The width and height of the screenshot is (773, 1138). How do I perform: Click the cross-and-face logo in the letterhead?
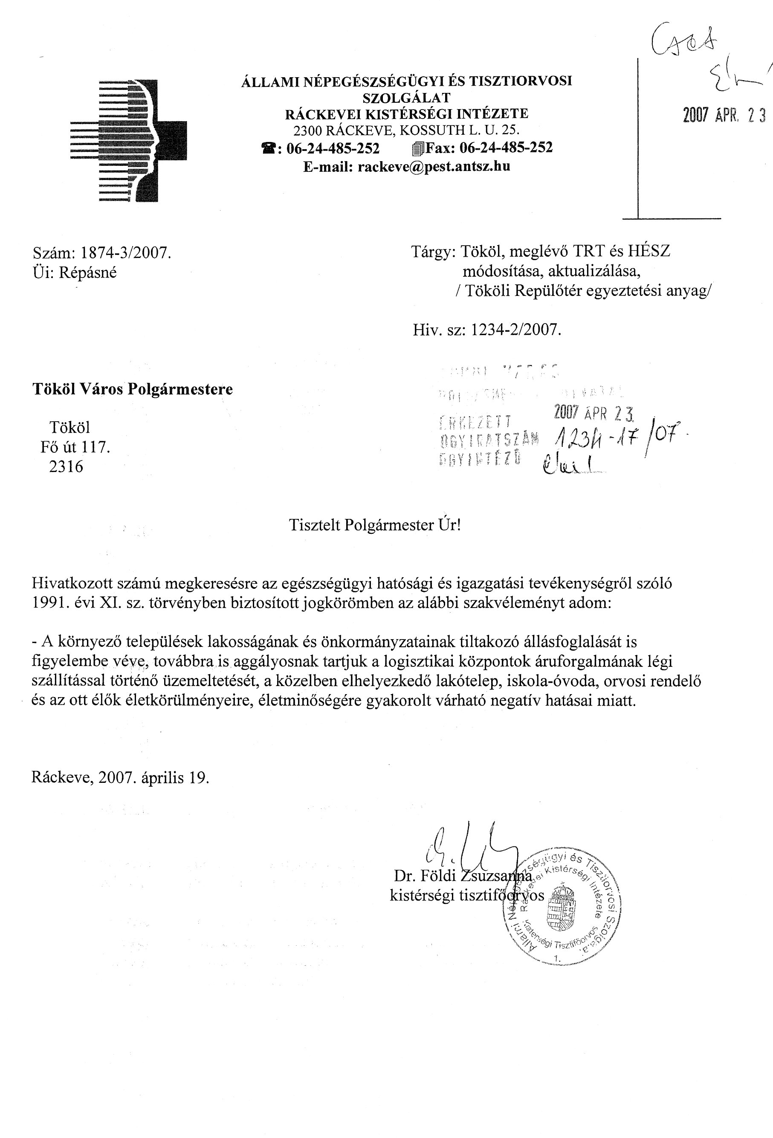click(128, 141)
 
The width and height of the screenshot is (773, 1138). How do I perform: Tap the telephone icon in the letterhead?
click(269, 148)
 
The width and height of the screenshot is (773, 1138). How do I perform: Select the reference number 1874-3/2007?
click(125, 253)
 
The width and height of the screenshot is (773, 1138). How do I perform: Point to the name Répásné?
click(88, 273)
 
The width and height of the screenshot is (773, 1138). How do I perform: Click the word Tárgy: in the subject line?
click(433, 251)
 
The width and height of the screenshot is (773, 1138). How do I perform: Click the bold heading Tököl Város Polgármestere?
click(133, 389)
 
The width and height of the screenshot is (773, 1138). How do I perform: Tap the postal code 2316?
click(66, 466)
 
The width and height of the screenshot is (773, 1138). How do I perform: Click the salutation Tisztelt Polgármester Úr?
click(374, 525)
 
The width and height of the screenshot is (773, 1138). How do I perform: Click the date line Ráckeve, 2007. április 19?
click(120, 778)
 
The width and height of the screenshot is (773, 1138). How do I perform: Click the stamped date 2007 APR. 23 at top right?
click(724, 116)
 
